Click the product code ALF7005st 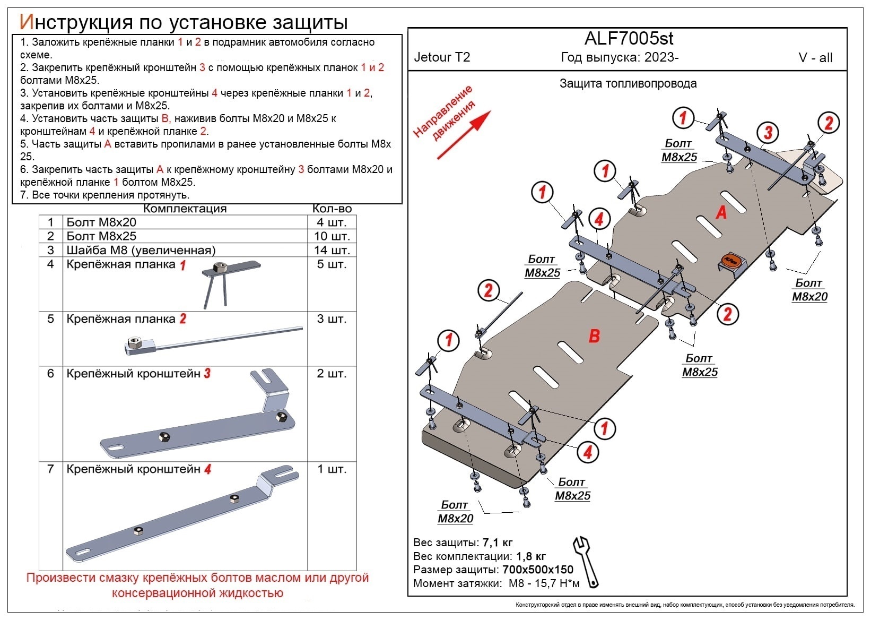point(629,38)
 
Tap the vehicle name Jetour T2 point(442,57)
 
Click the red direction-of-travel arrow point(464,135)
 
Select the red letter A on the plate point(721,212)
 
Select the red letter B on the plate point(594,336)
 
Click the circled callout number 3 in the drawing point(767,133)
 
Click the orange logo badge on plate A point(731,260)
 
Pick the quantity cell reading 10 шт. point(332,236)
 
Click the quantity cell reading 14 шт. point(332,250)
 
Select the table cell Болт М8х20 point(101,222)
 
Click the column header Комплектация point(185,209)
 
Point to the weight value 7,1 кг point(497,542)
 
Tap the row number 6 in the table point(50,374)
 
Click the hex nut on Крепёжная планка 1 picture point(219,267)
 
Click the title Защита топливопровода point(628,83)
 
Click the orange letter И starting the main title point(27,22)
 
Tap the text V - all point(815,58)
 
